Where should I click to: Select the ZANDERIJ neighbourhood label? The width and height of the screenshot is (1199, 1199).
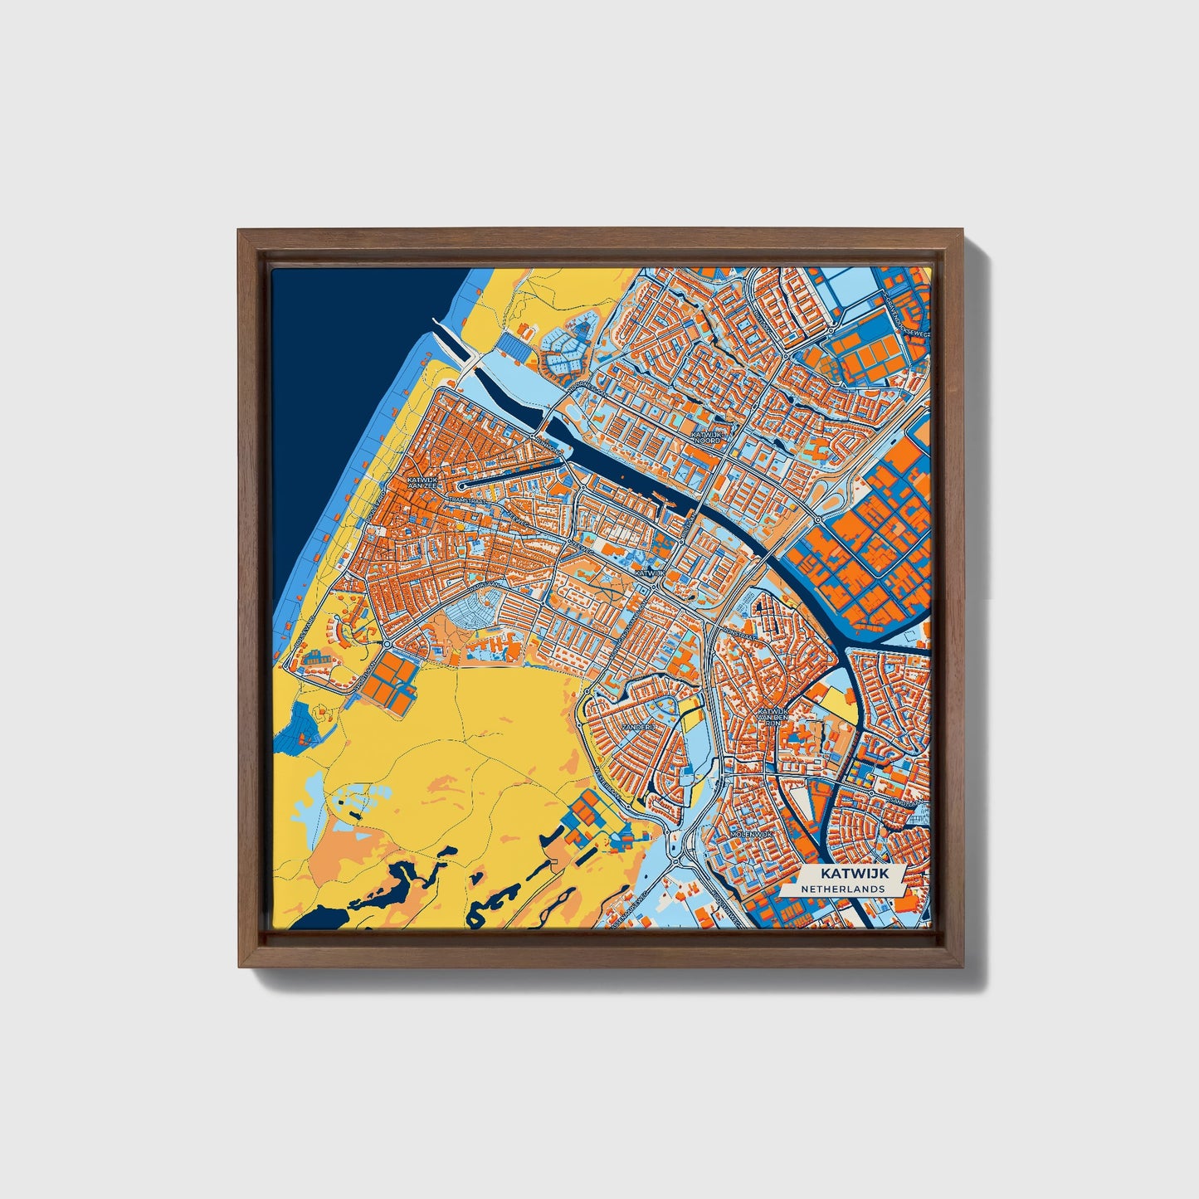[645, 726]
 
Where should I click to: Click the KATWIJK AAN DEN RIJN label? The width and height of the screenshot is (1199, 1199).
[771, 716]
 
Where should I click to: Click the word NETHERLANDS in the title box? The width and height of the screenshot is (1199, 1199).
[841, 889]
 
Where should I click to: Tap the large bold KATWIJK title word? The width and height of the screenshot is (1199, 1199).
[852, 874]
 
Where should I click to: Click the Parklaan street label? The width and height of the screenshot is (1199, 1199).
[486, 586]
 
